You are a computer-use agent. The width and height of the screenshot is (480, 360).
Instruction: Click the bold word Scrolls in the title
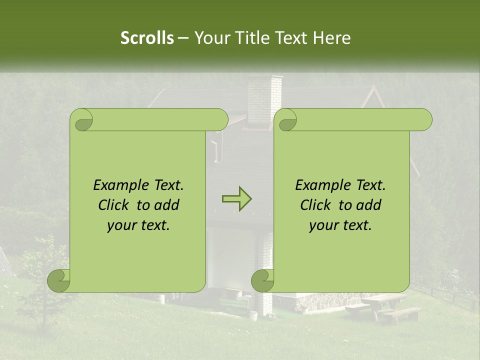[x=147, y=38]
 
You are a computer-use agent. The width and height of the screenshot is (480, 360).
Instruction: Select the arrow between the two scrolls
[x=236, y=199]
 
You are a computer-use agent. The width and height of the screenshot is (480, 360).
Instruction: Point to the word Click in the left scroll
[x=114, y=205]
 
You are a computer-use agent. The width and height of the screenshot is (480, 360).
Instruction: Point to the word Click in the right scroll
[x=316, y=205]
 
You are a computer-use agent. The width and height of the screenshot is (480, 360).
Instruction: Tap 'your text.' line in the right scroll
[x=340, y=225]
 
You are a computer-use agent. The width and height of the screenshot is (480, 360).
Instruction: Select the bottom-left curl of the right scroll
[x=263, y=279]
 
